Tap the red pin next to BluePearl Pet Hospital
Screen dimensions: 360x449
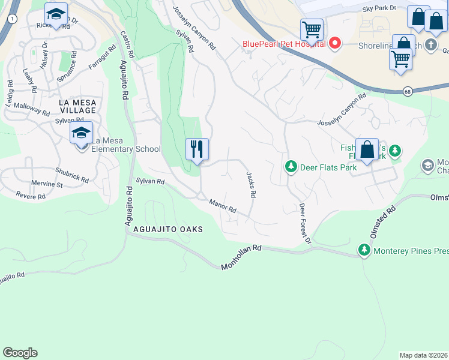pyautogui.click(x=335, y=43)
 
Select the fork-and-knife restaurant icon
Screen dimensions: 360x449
pyautogui.click(x=197, y=149)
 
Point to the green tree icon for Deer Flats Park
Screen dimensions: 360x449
pyautogui.click(x=291, y=166)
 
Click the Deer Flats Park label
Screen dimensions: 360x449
pyautogui.click(x=329, y=167)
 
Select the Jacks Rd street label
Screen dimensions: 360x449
pyautogui.click(x=251, y=185)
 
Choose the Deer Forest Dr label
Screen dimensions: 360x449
pyautogui.click(x=305, y=223)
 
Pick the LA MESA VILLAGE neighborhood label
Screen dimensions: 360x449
pyautogui.click(x=77, y=107)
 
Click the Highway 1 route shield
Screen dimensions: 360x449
pyautogui.click(x=12, y=19)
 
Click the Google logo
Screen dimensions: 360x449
pyautogui.click(x=20, y=353)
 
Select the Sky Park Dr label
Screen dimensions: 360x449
pyautogui.click(x=379, y=9)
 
